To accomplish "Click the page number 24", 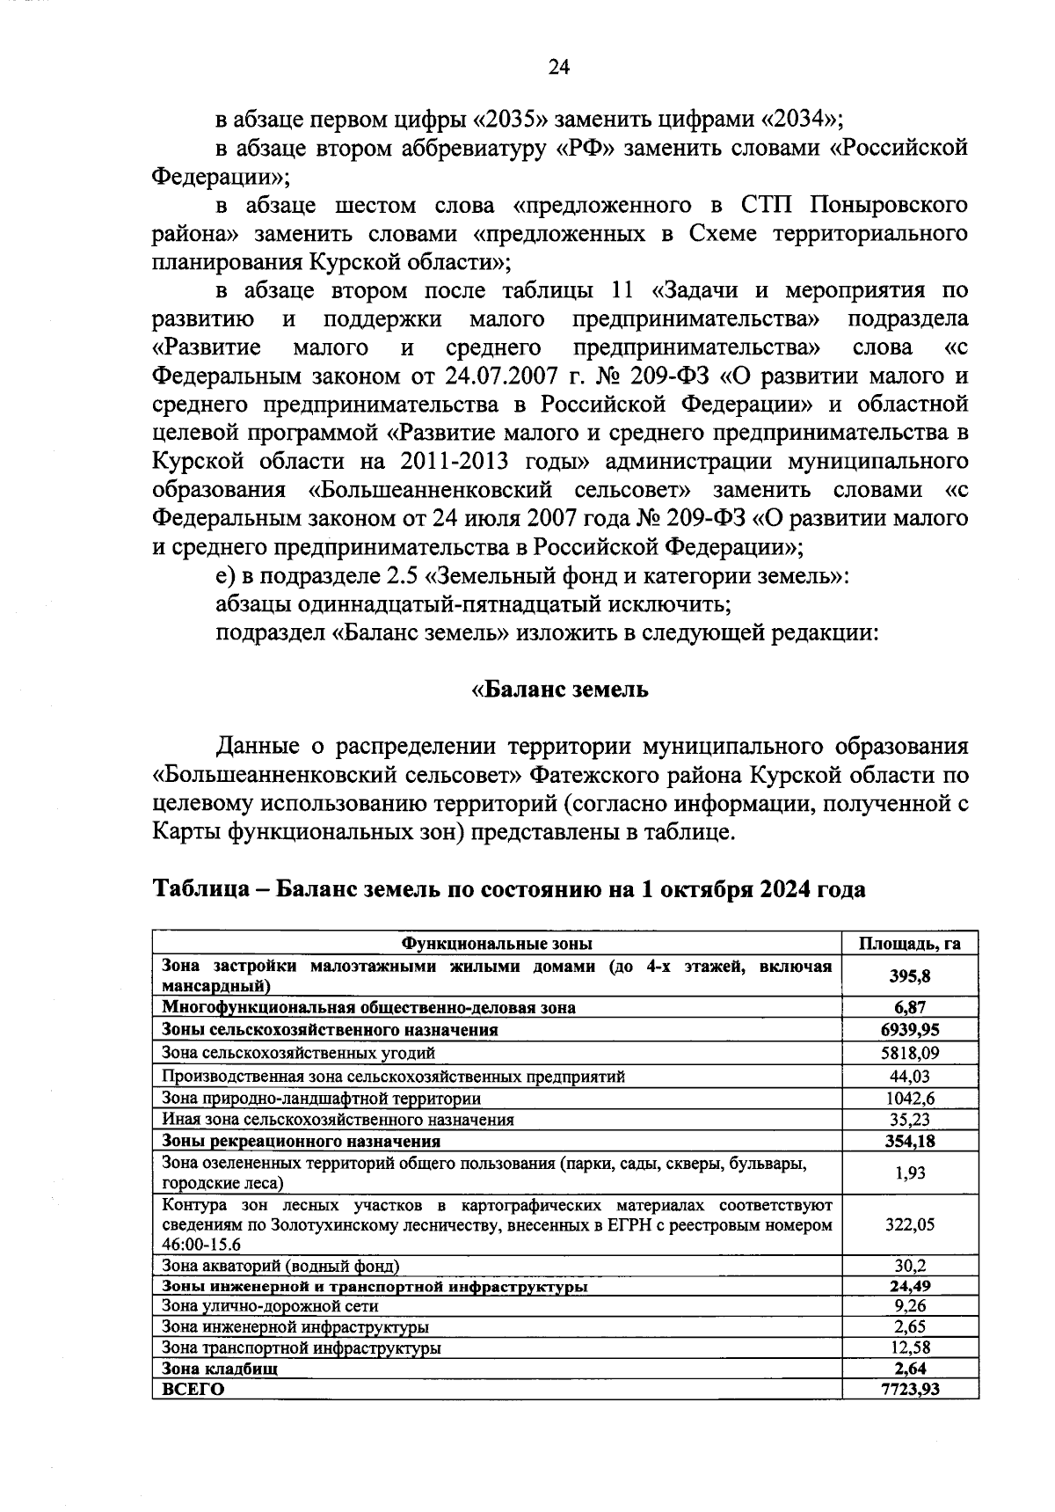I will [559, 68].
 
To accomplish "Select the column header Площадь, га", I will [909, 944].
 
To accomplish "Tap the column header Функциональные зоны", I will [497, 944].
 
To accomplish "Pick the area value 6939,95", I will [909, 1029].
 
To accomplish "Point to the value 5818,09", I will [909, 1053].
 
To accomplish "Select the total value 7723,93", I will [909, 1389].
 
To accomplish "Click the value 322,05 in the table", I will [909, 1224].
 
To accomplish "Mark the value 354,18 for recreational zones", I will [909, 1142].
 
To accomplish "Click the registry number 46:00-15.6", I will [201, 1245].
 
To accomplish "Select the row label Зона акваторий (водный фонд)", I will [280, 1266].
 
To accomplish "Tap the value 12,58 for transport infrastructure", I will [909, 1348].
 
